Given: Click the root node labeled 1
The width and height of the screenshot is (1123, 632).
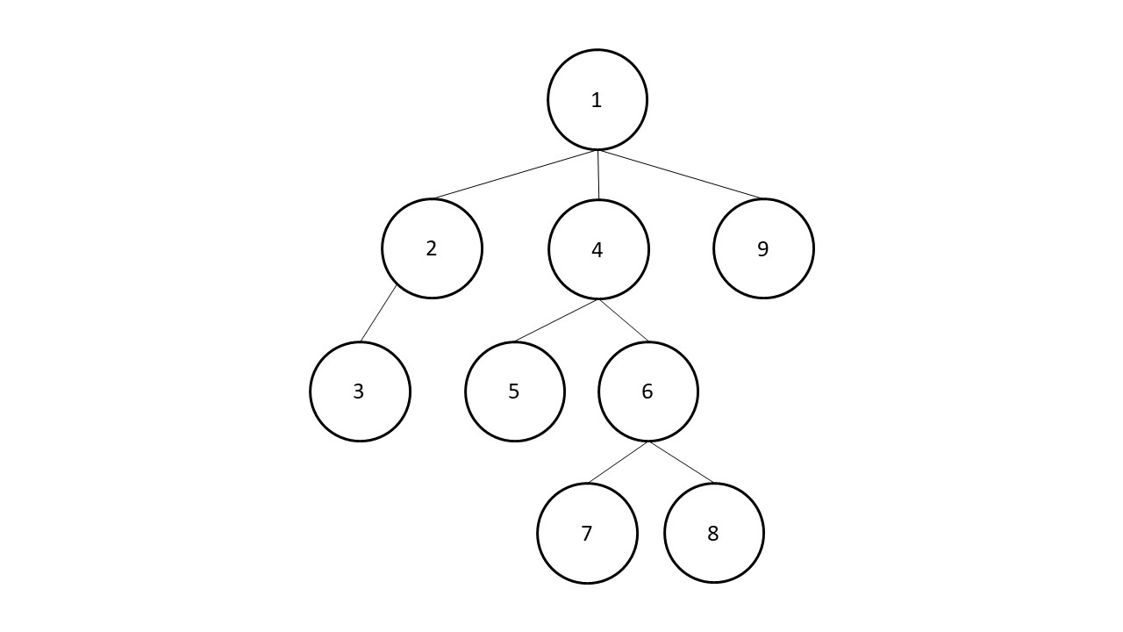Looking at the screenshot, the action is tap(597, 99).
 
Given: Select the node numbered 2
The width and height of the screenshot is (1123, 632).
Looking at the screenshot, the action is tap(432, 248).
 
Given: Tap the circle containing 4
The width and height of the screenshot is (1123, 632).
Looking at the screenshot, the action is tap(598, 249).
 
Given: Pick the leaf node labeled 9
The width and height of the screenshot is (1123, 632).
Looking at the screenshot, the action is tap(763, 248).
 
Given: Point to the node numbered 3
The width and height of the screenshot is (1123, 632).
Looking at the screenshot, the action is tap(360, 391).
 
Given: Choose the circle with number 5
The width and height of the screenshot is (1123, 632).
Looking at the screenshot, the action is tap(515, 391).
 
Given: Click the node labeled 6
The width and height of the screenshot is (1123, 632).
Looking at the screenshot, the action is tap(648, 391).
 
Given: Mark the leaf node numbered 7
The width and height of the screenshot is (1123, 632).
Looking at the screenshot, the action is tap(588, 533).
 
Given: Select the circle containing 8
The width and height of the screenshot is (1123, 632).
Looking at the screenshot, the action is tap(714, 533).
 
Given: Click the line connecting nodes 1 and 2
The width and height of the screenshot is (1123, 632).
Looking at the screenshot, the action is tap(515, 175).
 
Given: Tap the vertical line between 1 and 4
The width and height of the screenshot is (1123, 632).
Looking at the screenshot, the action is tap(598, 175).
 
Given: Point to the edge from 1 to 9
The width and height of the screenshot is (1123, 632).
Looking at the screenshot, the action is tap(680, 174).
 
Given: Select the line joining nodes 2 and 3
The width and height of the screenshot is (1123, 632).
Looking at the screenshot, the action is tap(378, 313).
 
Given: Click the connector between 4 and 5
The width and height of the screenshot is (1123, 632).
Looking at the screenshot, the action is tap(555, 321).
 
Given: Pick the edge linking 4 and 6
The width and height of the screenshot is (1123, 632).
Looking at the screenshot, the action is tap(624, 321).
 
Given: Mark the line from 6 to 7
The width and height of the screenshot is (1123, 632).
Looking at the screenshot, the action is tap(618, 463).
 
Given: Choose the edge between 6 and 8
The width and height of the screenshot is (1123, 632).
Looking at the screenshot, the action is tap(682, 463).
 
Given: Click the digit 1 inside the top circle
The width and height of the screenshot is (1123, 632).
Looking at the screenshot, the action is tap(596, 100).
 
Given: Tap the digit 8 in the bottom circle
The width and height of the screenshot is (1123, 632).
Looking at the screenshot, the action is tap(713, 534).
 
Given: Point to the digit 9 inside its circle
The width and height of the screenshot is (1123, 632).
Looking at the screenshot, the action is tap(762, 248).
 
